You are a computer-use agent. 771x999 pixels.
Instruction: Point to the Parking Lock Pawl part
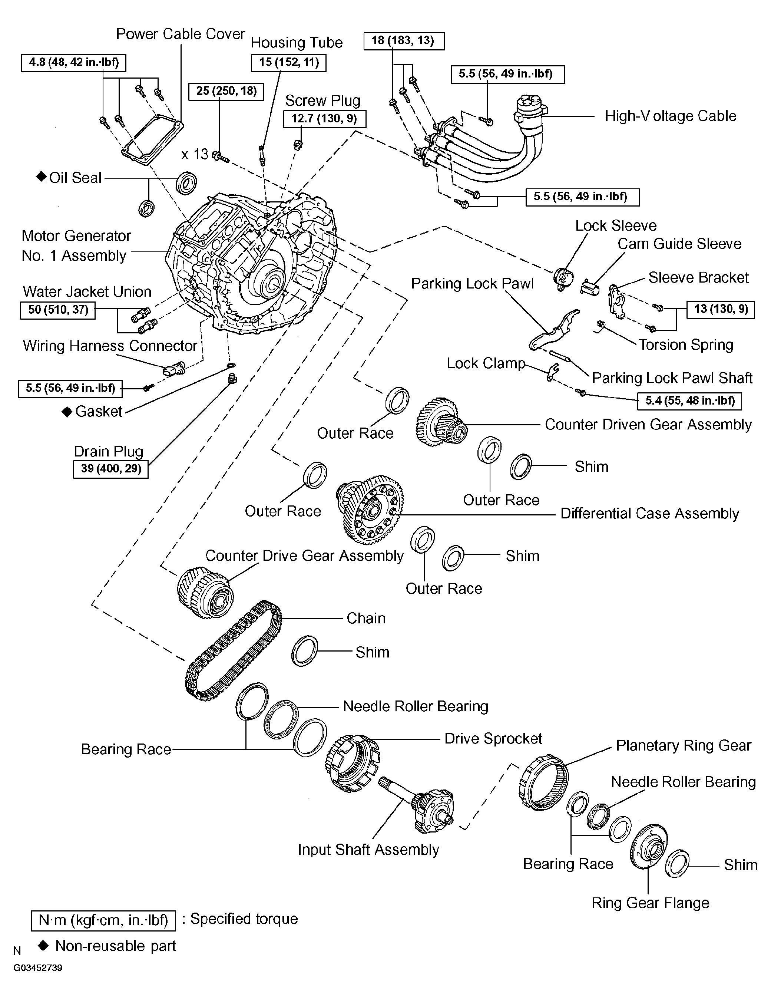tap(554, 329)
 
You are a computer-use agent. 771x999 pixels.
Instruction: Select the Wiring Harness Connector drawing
tap(173, 368)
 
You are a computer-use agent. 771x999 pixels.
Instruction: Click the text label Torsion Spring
tap(685, 344)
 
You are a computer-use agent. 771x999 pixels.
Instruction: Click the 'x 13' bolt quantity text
tap(195, 154)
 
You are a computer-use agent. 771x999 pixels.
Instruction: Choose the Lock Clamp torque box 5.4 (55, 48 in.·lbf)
tap(689, 401)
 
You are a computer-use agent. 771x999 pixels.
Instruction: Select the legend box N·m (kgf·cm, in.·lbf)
tap(103, 920)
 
